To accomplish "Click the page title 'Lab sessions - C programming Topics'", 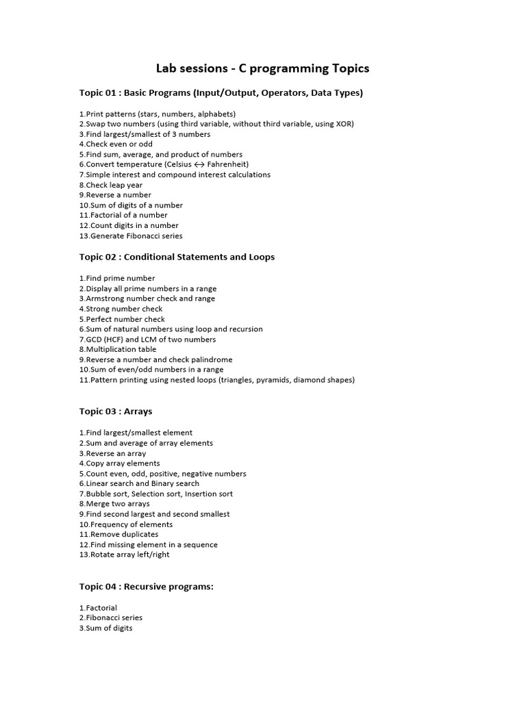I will click(x=263, y=68).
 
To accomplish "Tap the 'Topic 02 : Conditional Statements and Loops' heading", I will click(x=177, y=257).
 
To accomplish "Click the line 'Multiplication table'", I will click(x=118, y=349).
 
